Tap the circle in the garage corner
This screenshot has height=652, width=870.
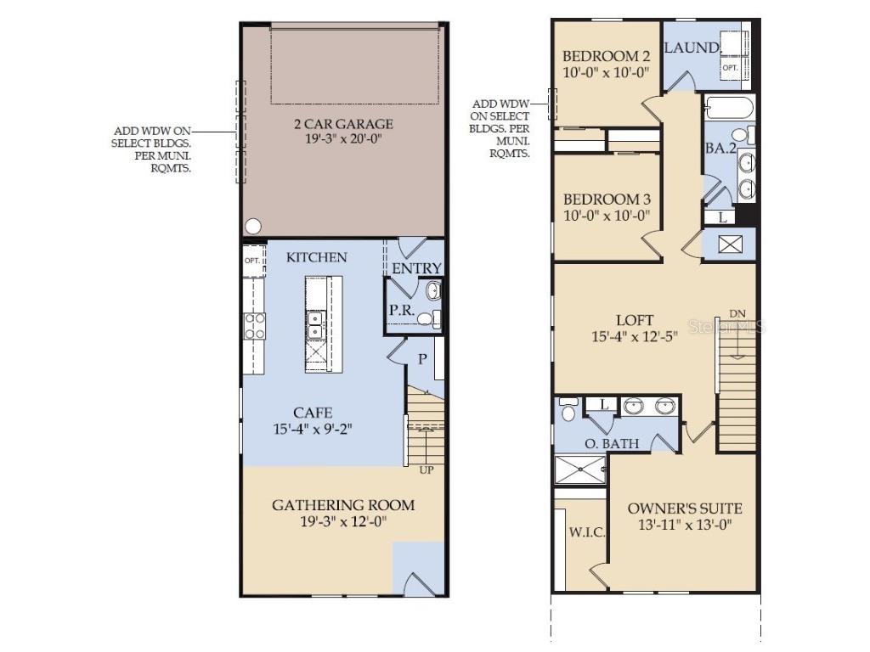(252, 226)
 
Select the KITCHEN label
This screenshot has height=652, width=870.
(316, 257)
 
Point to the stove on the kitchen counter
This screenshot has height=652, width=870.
(255, 326)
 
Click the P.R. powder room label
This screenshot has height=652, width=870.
(401, 311)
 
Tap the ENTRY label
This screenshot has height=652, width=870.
(416, 269)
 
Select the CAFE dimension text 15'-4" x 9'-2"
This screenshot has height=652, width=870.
(313, 430)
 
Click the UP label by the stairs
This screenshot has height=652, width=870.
(427, 469)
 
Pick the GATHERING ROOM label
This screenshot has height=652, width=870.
(343, 505)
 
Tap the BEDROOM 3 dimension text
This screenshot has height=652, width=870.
(607, 216)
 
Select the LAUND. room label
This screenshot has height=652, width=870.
(692, 48)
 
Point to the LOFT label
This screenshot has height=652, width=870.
(635, 320)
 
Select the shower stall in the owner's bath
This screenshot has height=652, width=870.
(579, 469)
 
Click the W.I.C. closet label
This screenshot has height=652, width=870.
(586, 533)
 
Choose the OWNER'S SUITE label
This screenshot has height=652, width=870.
(684, 509)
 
